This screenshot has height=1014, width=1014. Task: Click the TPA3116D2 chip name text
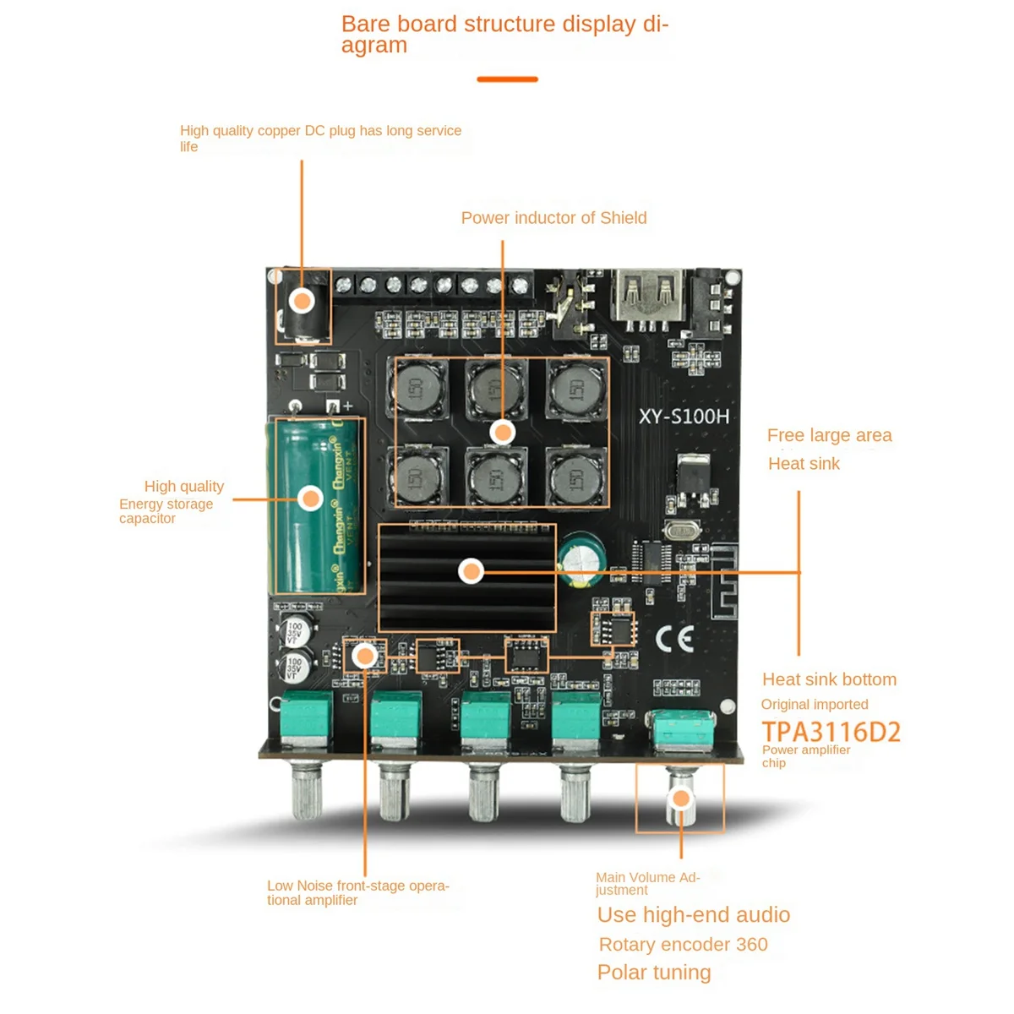831,732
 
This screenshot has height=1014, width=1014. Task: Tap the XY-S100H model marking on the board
684,416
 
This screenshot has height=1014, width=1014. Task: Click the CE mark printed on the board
675,639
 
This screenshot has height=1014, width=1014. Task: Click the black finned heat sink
466,577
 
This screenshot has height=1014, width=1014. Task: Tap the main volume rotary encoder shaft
680,799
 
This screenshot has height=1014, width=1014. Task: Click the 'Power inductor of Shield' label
553,218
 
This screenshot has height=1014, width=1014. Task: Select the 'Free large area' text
829,435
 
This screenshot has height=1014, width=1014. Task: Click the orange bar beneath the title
507,79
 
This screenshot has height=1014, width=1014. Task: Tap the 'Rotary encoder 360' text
683,945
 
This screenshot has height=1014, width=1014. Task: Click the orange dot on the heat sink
471,572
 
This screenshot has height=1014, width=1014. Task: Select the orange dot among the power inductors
503,433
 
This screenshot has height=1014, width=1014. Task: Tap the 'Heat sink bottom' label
829,679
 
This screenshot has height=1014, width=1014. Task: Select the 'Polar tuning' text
654,973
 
